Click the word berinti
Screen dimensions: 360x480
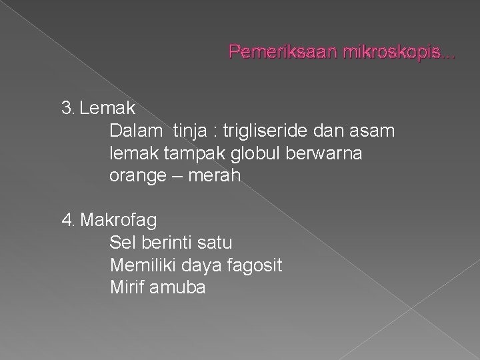pos(167,242)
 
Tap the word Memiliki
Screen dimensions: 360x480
pos(141,265)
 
